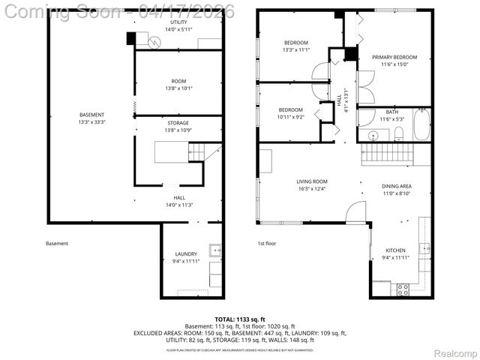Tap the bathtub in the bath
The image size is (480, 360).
click(x=421, y=124)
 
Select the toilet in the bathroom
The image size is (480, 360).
click(x=398, y=133)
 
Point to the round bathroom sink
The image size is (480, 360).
click(x=372, y=135)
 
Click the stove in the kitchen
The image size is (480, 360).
click(x=403, y=289)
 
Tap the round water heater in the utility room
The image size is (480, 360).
click(x=154, y=43)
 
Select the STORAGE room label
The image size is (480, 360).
click(x=177, y=123)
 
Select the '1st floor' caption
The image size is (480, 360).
click(x=267, y=243)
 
